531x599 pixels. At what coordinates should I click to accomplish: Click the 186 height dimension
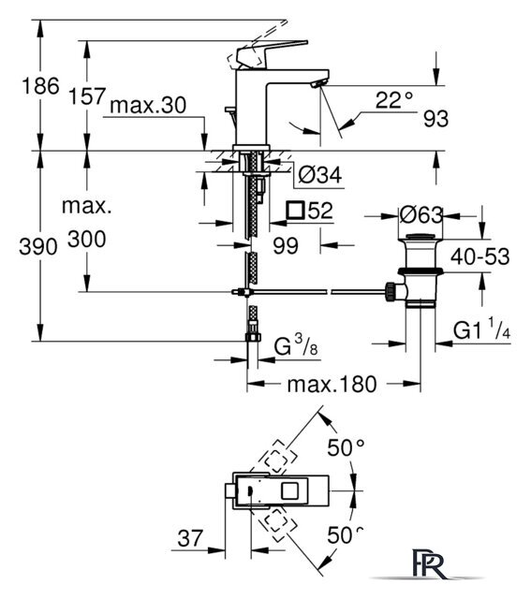coord(40,85)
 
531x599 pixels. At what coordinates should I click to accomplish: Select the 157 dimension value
coord(87,95)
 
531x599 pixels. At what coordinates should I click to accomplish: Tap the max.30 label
coord(148,105)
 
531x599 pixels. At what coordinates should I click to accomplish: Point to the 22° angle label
coord(394,100)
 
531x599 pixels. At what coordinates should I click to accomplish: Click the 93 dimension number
coord(435,119)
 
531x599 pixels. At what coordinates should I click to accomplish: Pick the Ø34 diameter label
coord(320,175)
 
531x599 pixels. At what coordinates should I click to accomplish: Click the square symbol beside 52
coord(296,210)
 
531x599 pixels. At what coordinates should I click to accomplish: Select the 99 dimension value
coord(286,246)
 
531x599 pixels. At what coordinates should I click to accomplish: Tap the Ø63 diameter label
coord(420,215)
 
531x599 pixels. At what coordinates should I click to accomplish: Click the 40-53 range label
coord(480,256)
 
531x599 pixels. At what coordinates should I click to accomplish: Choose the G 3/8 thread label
coord(296,347)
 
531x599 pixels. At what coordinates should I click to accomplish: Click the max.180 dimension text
coord(332,385)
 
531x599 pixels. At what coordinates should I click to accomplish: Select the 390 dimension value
coord(38,247)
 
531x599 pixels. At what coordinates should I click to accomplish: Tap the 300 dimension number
coord(87,240)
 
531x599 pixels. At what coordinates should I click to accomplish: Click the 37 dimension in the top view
coord(190,538)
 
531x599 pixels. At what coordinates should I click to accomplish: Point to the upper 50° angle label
coord(346,447)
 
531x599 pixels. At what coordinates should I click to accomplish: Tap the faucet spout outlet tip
coord(319,83)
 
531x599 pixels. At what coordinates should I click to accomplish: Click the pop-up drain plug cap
coord(420,237)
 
